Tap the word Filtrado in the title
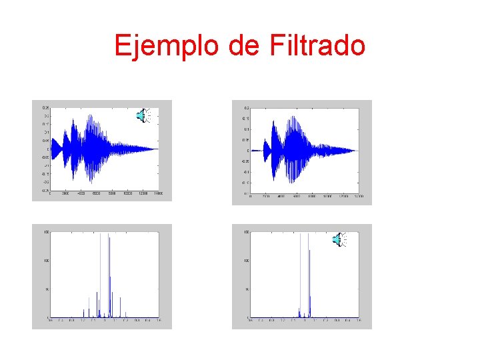tap(318, 46)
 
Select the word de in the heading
tap(247, 46)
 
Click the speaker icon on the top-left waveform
tap(143, 115)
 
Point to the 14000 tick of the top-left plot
tap(159, 193)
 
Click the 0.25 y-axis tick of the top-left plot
tap(45, 108)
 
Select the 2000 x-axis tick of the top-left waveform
tap(65, 193)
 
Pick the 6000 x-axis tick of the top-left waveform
tap(96, 193)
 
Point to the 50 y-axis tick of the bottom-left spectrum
tap(46, 289)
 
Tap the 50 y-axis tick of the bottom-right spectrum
tap(247, 289)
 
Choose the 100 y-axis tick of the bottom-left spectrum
tap(46, 261)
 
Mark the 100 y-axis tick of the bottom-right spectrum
tap(247, 261)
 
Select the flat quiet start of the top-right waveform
tap(257, 149)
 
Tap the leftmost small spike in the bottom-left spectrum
tap(83, 313)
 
